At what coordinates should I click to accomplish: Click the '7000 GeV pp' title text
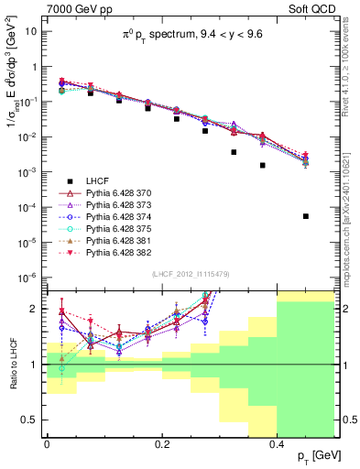pyautogui.click(x=73, y=8)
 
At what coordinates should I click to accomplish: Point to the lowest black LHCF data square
pyautogui.click(x=306, y=216)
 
